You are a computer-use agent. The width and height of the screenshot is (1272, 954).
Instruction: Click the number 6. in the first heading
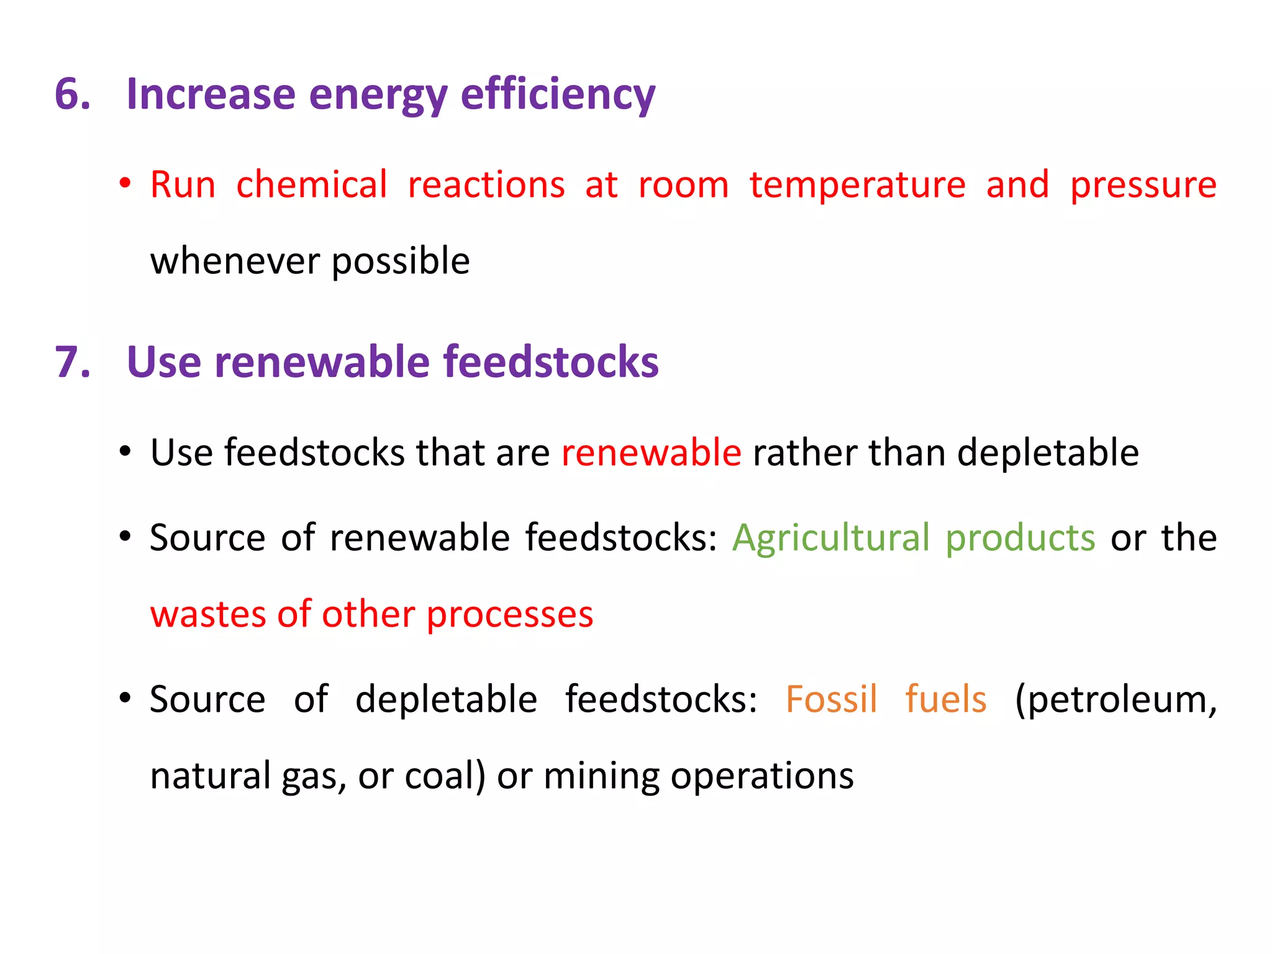[x=73, y=94]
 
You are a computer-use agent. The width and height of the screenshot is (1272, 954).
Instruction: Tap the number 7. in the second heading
[x=73, y=362]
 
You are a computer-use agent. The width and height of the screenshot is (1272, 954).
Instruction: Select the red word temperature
[x=858, y=185]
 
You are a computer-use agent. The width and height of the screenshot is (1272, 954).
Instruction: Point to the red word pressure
[x=1143, y=186]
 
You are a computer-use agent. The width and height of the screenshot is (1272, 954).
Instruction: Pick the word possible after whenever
[x=401, y=262]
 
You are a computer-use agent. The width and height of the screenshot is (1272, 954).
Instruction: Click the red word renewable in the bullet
[x=651, y=452]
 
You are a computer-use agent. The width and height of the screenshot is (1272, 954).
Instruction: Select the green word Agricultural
[x=831, y=538]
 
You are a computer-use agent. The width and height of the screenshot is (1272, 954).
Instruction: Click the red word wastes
[x=208, y=614]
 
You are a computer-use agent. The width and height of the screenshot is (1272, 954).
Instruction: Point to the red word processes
[x=509, y=616]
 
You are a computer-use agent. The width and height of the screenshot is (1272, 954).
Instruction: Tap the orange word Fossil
[x=831, y=699]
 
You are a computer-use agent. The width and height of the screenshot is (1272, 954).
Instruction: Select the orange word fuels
[x=945, y=699]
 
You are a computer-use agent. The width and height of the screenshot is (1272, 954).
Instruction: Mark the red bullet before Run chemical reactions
[x=125, y=184]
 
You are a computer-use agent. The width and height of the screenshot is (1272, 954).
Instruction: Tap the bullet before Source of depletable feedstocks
[x=125, y=698]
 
